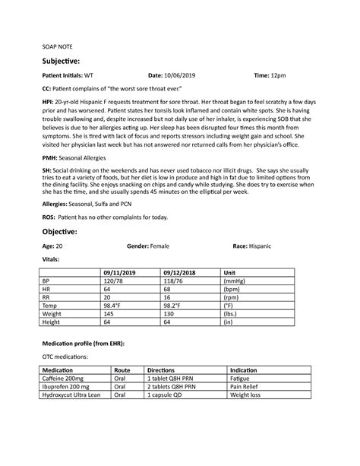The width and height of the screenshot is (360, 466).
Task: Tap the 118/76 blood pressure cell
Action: pos(172,281)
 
